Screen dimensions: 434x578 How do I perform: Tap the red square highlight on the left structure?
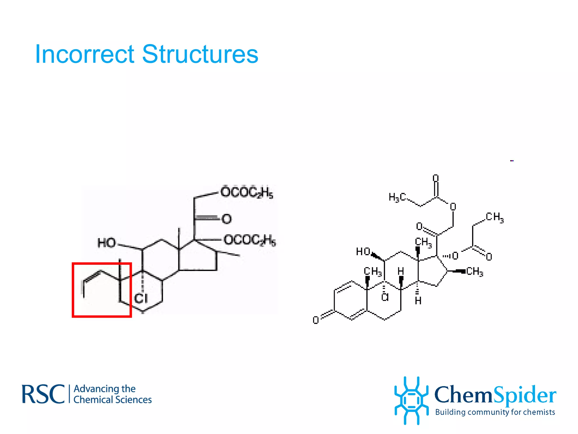(102, 316)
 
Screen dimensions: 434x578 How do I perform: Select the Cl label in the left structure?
(141, 298)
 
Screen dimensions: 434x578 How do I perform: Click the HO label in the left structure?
(107, 243)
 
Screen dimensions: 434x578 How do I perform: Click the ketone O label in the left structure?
(227, 219)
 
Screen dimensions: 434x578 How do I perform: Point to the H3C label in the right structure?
(397, 197)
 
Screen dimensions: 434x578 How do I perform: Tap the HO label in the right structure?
(363, 251)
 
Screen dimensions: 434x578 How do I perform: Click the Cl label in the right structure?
(385, 297)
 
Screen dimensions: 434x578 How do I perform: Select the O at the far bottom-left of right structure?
(316, 320)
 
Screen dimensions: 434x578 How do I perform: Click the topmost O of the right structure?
(436, 178)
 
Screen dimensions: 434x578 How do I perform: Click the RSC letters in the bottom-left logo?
(43, 394)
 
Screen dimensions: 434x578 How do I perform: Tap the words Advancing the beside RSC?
(104, 389)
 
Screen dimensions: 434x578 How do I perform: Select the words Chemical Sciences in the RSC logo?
(112, 400)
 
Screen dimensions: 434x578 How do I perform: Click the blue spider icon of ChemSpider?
(411, 400)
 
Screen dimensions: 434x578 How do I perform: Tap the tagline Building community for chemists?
(495, 412)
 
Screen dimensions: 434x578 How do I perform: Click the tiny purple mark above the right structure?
(512, 161)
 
